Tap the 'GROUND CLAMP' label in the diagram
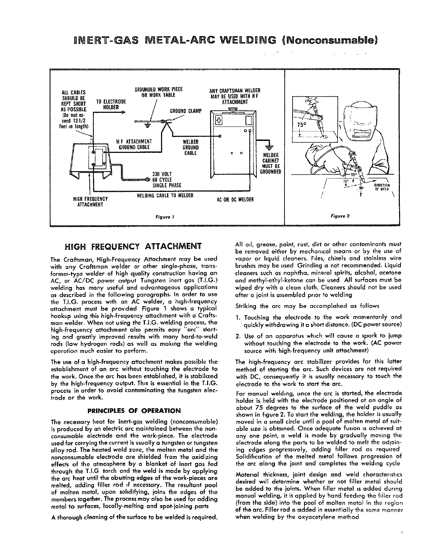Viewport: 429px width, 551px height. pos(186,111)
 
